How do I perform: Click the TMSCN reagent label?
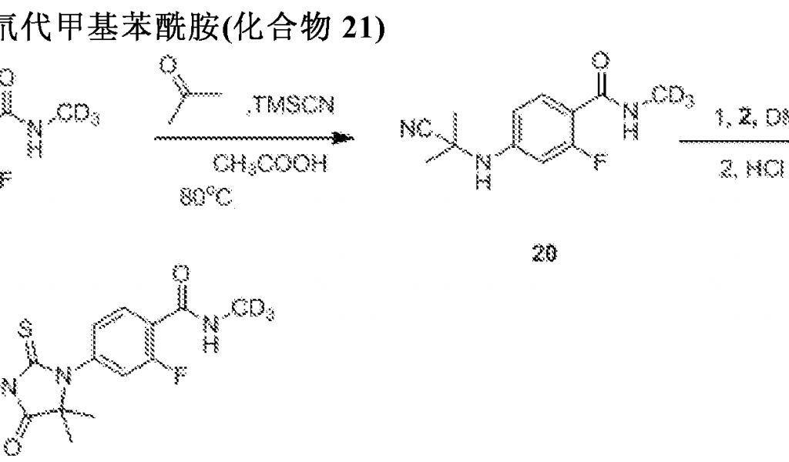click(x=294, y=106)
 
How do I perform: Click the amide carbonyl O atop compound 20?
click(x=603, y=59)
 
